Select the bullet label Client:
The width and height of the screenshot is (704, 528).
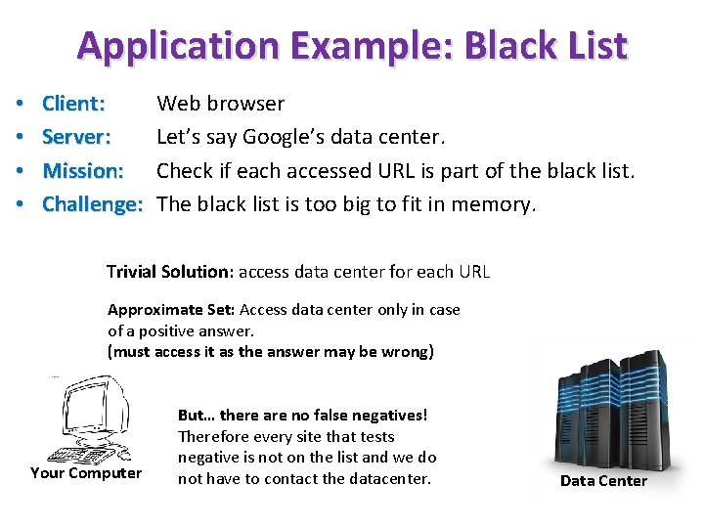(73, 104)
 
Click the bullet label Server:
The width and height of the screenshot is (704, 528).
(76, 137)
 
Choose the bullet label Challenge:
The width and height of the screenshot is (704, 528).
(93, 203)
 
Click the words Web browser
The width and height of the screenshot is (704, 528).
(220, 104)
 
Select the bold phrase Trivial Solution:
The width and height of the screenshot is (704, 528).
(169, 272)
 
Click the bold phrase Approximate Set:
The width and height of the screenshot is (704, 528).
(171, 310)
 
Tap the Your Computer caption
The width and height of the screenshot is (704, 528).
(86, 473)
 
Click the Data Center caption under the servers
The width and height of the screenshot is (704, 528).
(603, 480)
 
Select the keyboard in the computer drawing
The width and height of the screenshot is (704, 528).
(83, 455)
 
